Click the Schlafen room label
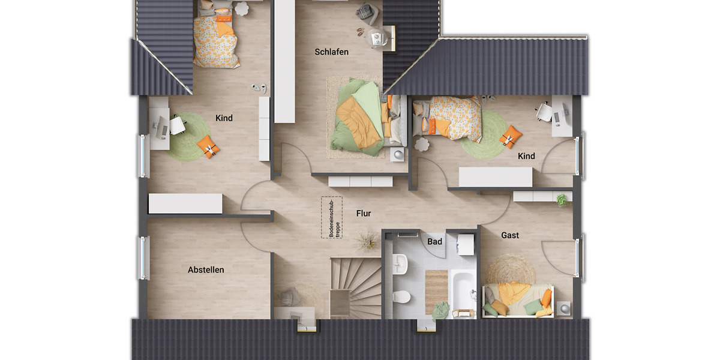[331, 52]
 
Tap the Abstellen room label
[206, 270]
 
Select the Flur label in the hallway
[364, 213]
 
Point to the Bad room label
[434, 242]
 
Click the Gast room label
[510, 235]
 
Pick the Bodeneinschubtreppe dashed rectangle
[332, 217]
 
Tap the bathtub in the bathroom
[463, 293]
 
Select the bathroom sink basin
[401, 262]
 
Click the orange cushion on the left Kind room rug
[208, 146]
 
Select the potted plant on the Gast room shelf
[561, 199]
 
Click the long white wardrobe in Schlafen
[284, 61]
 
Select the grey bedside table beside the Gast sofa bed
[565, 308]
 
